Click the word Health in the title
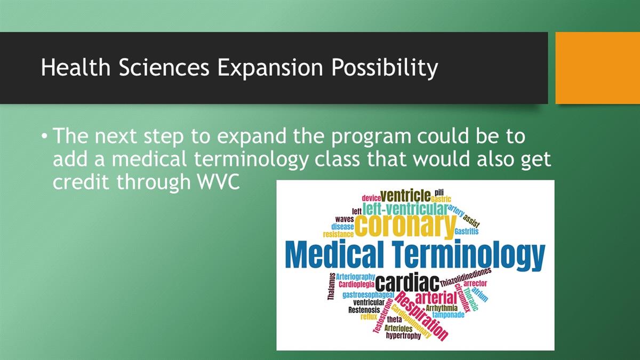76,67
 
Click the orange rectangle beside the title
598,68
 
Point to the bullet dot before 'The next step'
44,136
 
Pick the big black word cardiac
407,282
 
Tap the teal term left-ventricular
405,209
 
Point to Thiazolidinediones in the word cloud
466,277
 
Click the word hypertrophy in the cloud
403,335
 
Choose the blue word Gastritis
466,231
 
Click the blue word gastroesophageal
369,294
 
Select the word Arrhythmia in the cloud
442,308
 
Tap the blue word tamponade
449,315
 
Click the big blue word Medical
334,254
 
